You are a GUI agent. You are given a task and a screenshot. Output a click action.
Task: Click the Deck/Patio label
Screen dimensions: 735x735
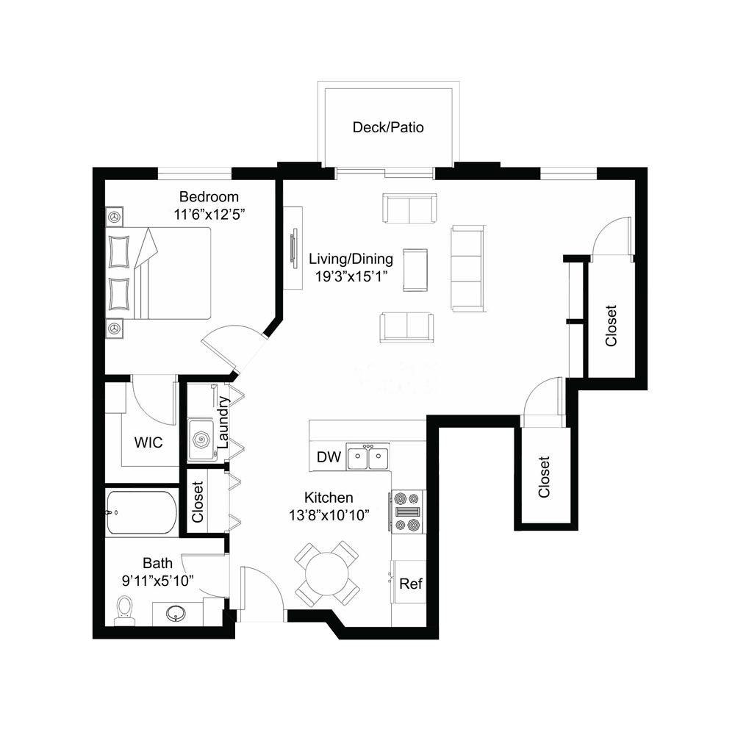tap(388, 127)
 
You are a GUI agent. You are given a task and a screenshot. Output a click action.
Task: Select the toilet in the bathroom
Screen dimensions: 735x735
tap(125, 610)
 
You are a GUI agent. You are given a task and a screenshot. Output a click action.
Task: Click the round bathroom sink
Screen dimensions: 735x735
tap(176, 613)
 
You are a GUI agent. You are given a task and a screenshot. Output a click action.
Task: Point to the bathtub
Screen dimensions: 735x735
tap(142, 512)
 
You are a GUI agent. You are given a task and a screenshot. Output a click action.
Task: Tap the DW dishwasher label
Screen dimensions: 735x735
tap(329, 457)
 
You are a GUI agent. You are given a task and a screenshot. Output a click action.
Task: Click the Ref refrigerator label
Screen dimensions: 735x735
tap(411, 584)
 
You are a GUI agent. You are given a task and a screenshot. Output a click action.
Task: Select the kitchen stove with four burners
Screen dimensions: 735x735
tap(407, 512)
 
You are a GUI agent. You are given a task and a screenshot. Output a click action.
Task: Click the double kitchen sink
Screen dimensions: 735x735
tap(367, 456)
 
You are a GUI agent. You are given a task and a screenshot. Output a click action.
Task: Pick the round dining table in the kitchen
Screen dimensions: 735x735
tap(327, 575)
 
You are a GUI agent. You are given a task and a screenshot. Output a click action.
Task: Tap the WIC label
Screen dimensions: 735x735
tap(148, 442)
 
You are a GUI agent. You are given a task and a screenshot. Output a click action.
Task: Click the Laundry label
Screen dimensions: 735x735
tap(223, 423)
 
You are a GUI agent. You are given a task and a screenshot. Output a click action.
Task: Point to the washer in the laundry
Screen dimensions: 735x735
tap(202, 440)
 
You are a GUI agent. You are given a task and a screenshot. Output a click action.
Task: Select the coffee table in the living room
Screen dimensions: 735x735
tap(415, 270)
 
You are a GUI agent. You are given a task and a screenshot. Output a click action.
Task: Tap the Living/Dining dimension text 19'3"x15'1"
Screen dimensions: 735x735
tap(351, 276)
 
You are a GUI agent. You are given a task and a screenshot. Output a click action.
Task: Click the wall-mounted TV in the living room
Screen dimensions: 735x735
tap(294, 248)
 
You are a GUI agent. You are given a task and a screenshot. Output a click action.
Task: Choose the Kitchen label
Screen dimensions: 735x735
tap(329, 498)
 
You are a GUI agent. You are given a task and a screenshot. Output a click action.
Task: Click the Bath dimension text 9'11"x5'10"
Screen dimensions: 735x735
tap(158, 581)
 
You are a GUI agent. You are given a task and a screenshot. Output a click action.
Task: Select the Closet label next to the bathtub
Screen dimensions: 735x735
tap(198, 502)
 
